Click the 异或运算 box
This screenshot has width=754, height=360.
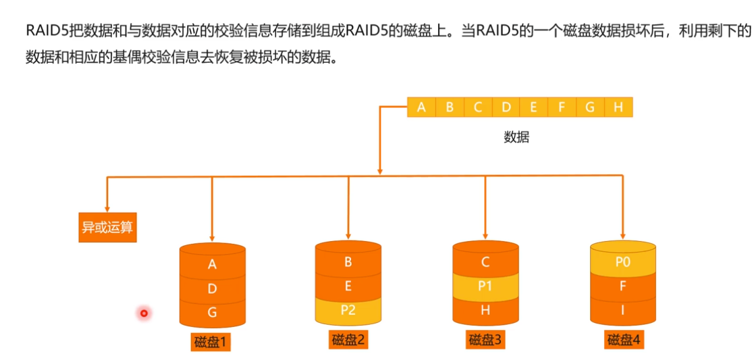pyautogui.click(x=107, y=228)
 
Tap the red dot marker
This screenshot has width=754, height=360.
pyautogui.click(x=144, y=313)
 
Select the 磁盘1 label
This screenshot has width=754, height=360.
pyautogui.click(x=212, y=342)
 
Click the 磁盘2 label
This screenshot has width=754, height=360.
pyautogui.click(x=348, y=340)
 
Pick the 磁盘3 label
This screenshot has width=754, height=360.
pyautogui.click(x=485, y=340)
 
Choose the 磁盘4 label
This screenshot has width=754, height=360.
pyautogui.click(x=622, y=340)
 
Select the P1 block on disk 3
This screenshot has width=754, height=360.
pyautogui.click(x=485, y=286)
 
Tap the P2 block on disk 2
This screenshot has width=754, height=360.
pyautogui.click(x=348, y=310)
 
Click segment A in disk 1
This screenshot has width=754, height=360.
pyautogui.click(x=212, y=265)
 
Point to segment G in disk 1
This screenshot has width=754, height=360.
pyautogui.click(x=212, y=313)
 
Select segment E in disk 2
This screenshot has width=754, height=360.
pyautogui.click(x=348, y=286)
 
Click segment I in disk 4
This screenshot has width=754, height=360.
pyautogui.click(x=622, y=310)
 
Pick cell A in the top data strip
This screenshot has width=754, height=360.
pyautogui.click(x=422, y=107)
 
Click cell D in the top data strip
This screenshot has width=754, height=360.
pyautogui.click(x=506, y=107)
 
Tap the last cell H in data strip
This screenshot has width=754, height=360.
pyautogui.click(x=618, y=107)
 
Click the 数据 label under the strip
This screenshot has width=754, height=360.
pyautogui.click(x=516, y=137)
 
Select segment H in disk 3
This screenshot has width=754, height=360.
pyautogui.click(x=485, y=310)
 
